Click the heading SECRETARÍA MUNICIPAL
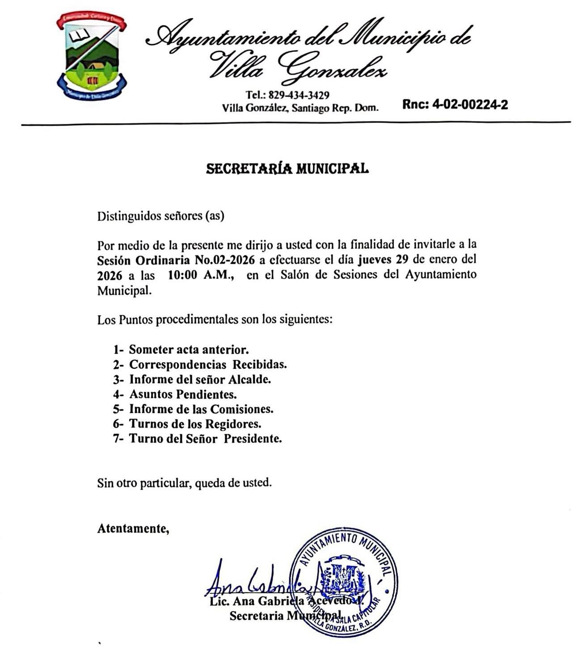pyautogui.click(x=287, y=169)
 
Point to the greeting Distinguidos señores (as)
pyautogui.click(x=160, y=216)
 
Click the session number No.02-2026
pyautogui.click(x=225, y=260)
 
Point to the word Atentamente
pyautogui.click(x=133, y=529)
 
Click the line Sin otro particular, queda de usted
pyautogui.click(x=184, y=483)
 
